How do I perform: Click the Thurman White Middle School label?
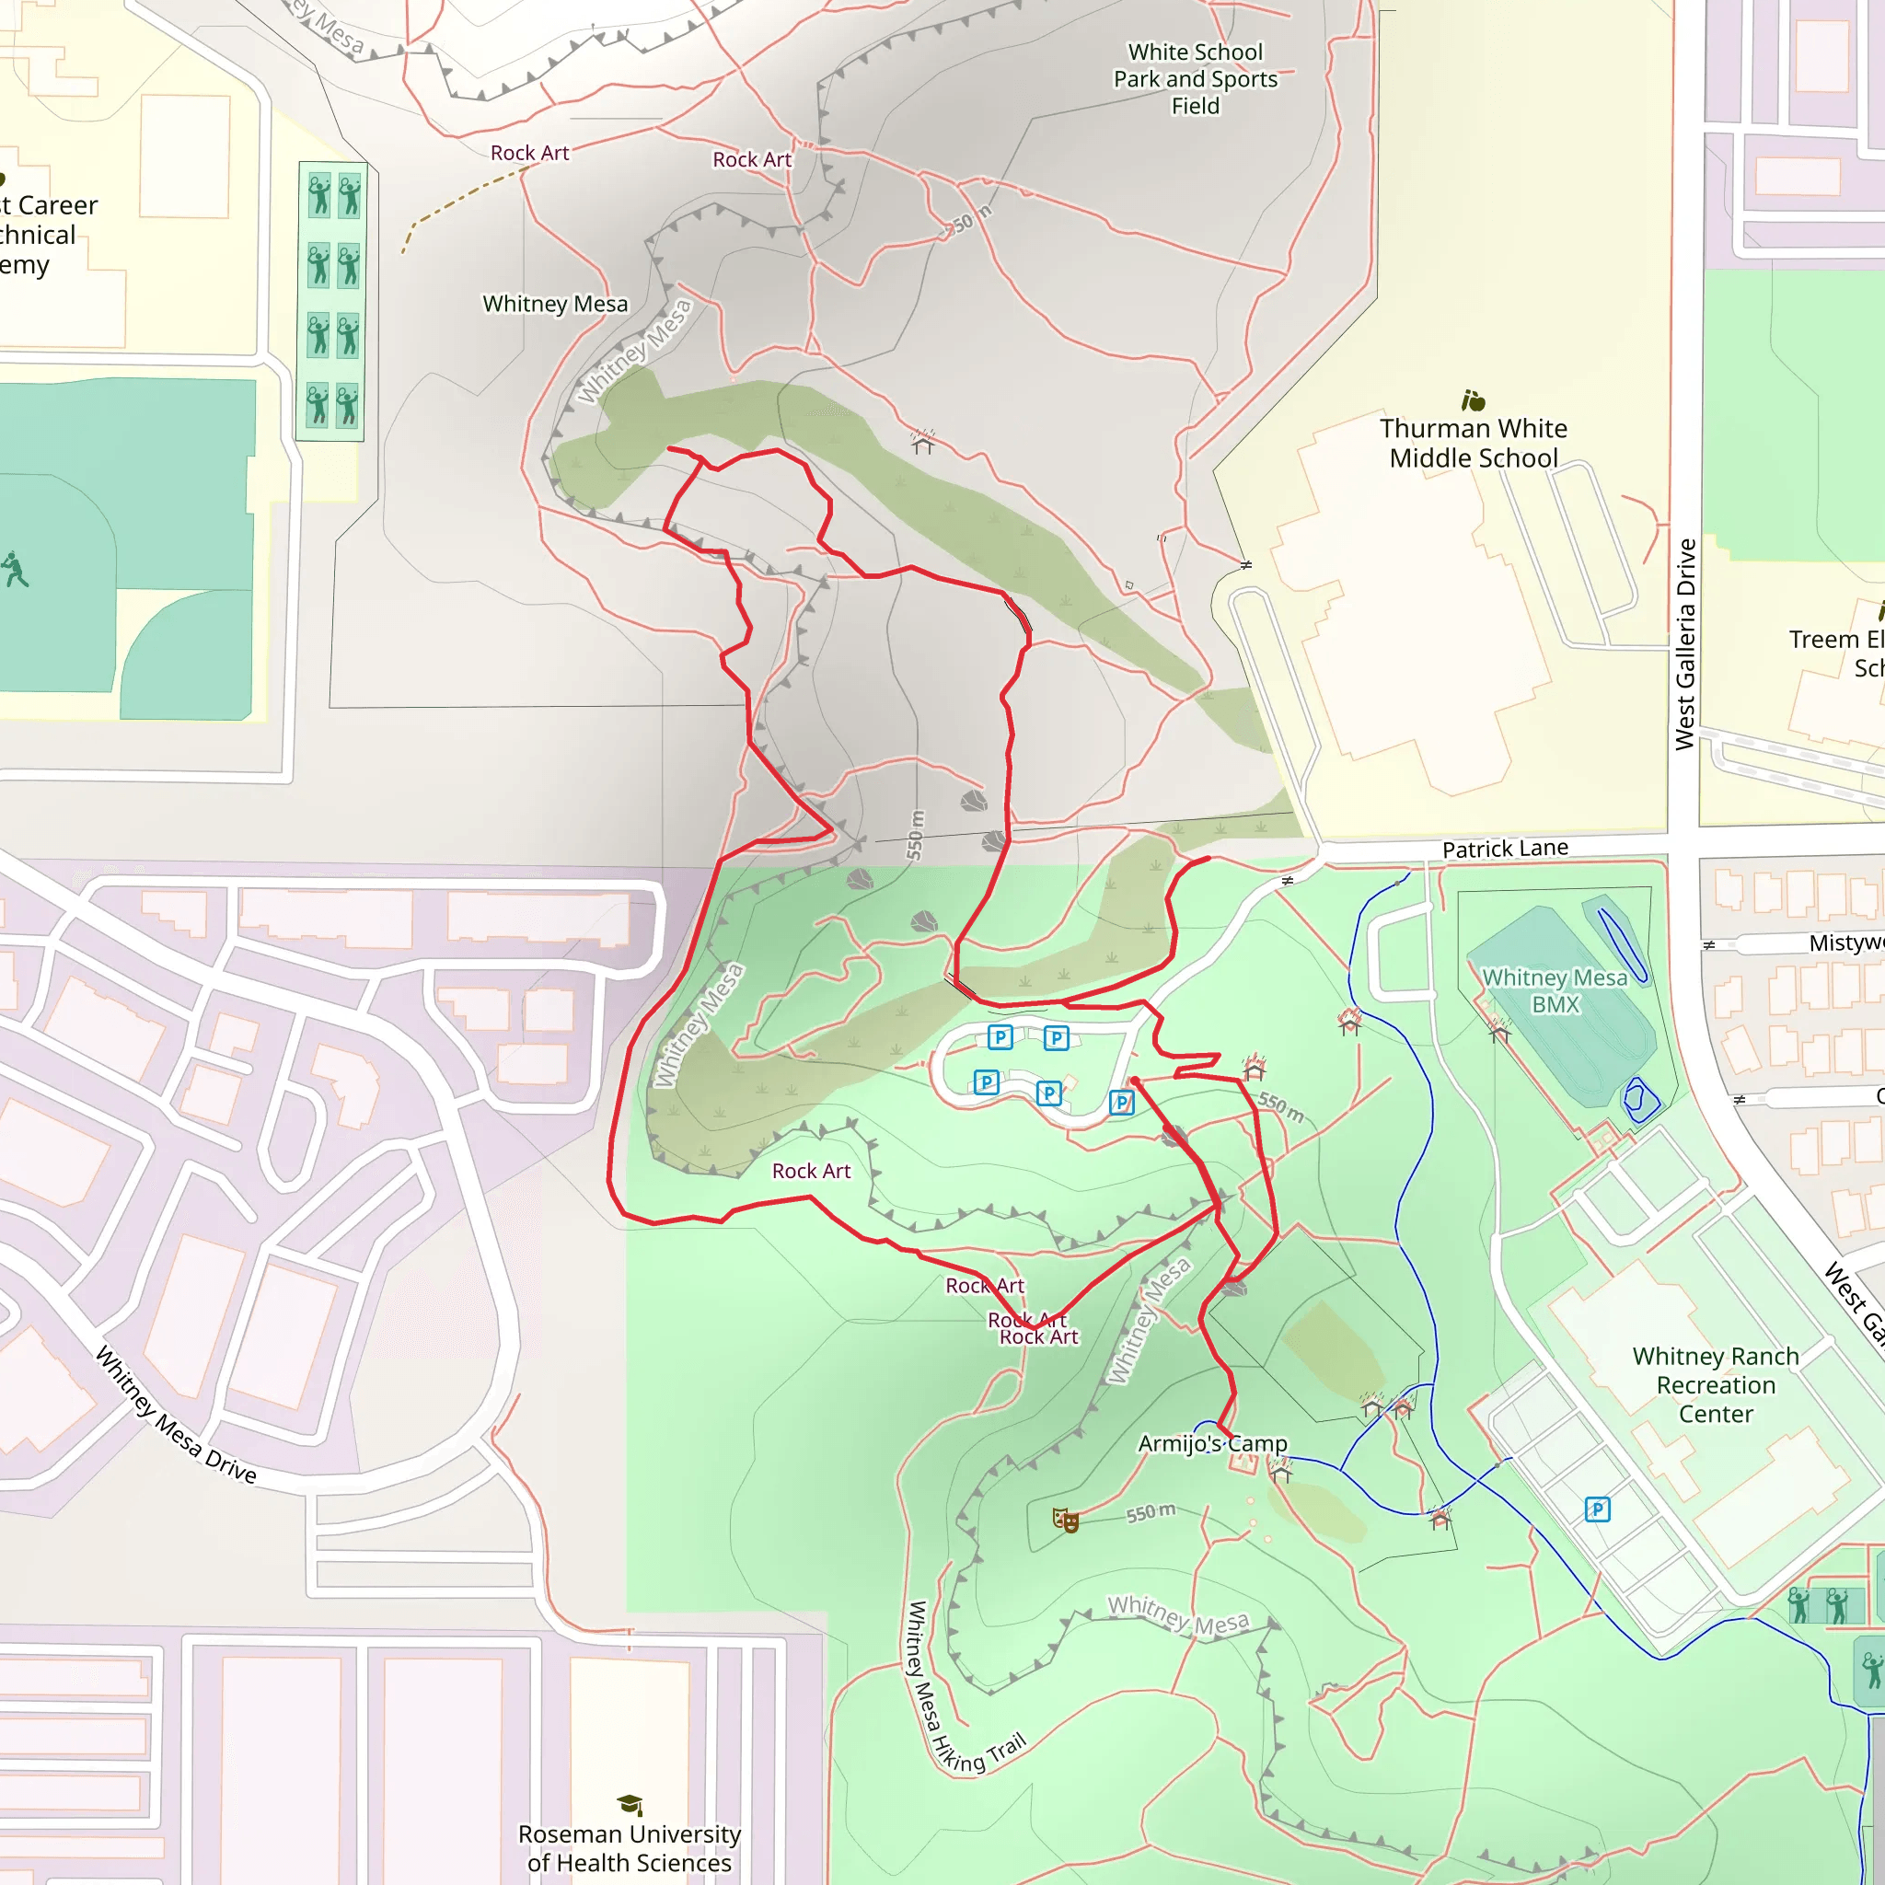coord(1474,443)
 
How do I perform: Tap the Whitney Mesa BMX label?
coord(1555,990)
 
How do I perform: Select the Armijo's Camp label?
coord(1213,1443)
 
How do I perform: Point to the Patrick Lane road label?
coord(1505,849)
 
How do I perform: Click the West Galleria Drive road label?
coord(1685,644)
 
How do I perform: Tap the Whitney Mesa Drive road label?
coord(176,1415)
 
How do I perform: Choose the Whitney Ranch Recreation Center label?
coord(1716,1384)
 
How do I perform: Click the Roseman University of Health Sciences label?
coord(630,1848)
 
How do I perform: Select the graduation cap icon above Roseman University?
coord(630,1804)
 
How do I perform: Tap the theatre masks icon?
coord(1065,1519)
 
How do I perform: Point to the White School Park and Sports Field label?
coord(1196,79)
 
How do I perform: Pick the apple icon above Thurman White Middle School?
coord(1473,400)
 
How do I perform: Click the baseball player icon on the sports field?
coord(14,570)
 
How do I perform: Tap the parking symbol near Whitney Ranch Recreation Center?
coord(1597,1509)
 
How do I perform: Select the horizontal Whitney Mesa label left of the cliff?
coord(555,305)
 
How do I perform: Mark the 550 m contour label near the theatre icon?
coord(1151,1513)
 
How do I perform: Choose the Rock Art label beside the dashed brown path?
coord(529,153)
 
